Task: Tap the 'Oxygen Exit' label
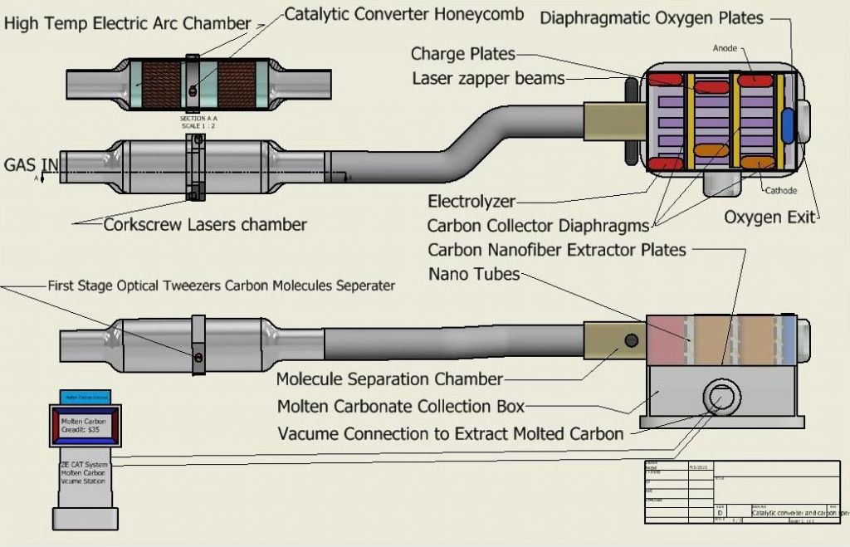(x=769, y=217)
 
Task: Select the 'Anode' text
(x=725, y=49)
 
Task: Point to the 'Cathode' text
(x=780, y=191)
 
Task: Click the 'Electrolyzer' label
(x=471, y=202)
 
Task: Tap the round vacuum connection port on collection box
(x=719, y=398)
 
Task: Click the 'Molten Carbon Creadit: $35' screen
(x=85, y=426)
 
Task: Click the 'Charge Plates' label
(x=463, y=55)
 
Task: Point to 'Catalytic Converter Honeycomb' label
(x=404, y=14)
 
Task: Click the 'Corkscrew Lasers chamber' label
(x=205, y=224)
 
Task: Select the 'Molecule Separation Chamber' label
(x=389, y=379)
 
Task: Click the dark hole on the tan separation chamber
(x=631, y=340)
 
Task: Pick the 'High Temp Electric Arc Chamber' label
(x=127, y=23)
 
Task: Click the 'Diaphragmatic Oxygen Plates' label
(x=652, y=17)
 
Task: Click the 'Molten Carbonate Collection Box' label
(x=401, y=406)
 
